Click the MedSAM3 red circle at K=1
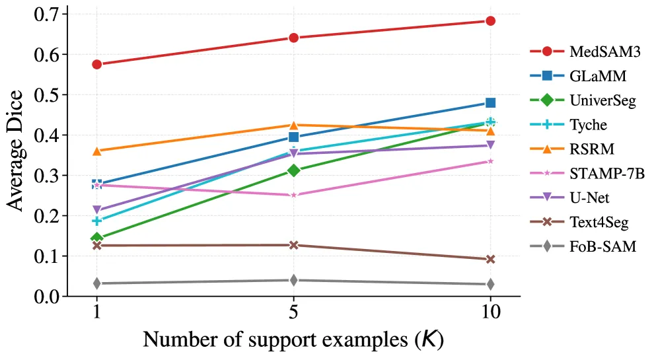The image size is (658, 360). point(97,64)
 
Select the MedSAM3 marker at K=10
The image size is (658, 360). point(490,21)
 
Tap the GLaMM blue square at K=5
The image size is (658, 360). point(294,137)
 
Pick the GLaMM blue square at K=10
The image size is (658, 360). point(490,103)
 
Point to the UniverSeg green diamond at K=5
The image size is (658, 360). point(294,170)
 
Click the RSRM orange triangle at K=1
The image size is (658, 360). point(97,151)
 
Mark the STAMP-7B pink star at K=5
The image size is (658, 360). point(294,195)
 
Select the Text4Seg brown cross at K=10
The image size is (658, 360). point(490,260)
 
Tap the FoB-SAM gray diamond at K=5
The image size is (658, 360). point(294,280)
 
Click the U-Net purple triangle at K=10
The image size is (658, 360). point(490,145)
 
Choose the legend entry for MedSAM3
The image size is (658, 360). point(585,52)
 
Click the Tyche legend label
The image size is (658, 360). point(589,125)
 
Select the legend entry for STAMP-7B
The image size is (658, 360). point(587,173)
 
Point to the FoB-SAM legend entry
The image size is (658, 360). point(583,246)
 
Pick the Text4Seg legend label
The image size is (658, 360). point(599,222)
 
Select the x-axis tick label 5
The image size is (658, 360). point(294,312)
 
